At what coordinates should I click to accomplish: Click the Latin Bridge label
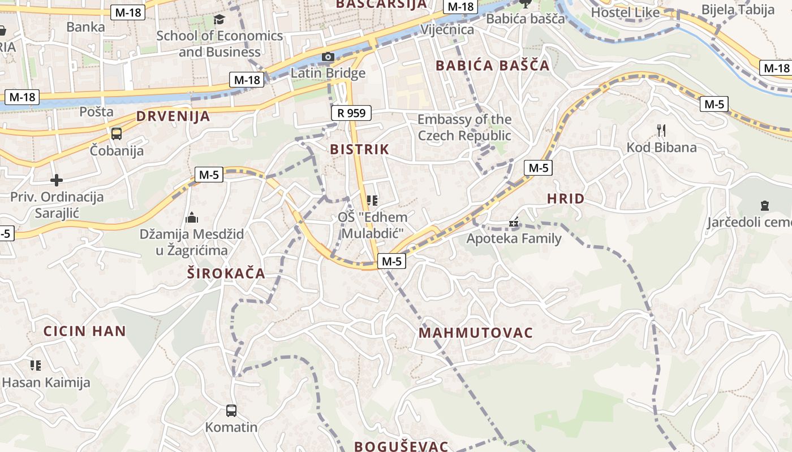pyautogui.click(x=328, y=73)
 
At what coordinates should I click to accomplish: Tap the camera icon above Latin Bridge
pyautogui.click(x=328, y=56)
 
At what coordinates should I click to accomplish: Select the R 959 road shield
pyautogui.click(x=351, y=113)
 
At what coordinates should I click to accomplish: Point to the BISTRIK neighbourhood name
pyautogui.click(x=360, y=150)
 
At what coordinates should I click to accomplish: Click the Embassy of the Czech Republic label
pyautogui.click(x=464, y=128)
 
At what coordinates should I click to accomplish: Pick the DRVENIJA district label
pyautogui.click(x=173, y=117)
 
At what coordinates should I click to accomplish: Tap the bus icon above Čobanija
pyautogui.click(x=117, y=134)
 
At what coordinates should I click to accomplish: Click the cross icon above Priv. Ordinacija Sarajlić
pyautogui.click(x=57, y=180)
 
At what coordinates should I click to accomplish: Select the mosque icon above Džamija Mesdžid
pyautogui.click(x=192, y=218)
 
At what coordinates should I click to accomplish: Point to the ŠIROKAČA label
pyautogui.click(x=226, y=273)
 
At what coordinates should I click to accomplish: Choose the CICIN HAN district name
pyautogui.click(x=85, y=331)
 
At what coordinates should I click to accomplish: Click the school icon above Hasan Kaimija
pyautogui.click(x=36, y=366)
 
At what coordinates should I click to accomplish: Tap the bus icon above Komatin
pyautogui.click(x=231, y=410)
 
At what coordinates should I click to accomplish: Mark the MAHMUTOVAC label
pyautogui.click(x=476, y=333)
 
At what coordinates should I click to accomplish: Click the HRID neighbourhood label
pyautogui.click(x=566, y=199)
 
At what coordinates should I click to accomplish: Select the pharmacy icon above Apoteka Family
pyautogui.click(x=514, y=223)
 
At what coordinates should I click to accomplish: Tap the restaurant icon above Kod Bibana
pyautogui.click(x=661, y=131)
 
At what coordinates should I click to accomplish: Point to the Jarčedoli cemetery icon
pyautogui.click(x=765, y=206)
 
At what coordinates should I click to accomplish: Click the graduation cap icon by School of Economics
pyautogui.click(x=219, y=20)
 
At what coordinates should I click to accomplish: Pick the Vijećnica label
pyautogui.click(x=447, y=29)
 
